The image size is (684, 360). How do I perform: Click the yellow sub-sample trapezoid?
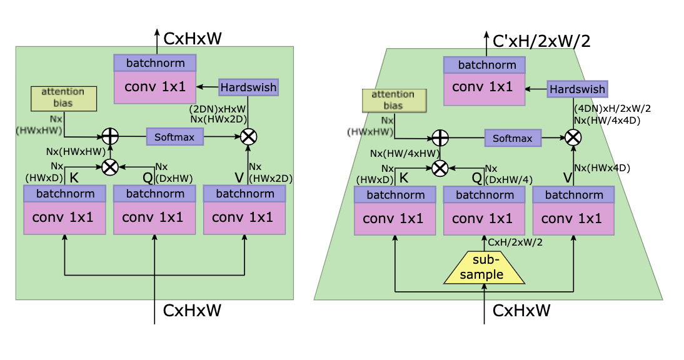coord(484,269)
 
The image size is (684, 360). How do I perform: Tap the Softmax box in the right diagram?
coord(512,138)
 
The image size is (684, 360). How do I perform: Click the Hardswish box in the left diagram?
coord(248,87)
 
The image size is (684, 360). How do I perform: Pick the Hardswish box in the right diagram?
coord(577,89)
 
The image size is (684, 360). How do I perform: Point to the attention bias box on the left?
coord(63,98)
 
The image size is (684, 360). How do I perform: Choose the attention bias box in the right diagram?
coord(393,100)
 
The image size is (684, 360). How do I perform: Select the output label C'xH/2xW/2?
coord(541,41)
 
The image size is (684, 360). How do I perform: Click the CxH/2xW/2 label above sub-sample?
coord(514,241)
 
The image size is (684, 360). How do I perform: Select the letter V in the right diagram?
coord(568,179)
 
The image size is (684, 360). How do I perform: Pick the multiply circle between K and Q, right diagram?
coord(440,167)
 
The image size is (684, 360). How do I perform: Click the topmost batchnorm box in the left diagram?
coord(155,63)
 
